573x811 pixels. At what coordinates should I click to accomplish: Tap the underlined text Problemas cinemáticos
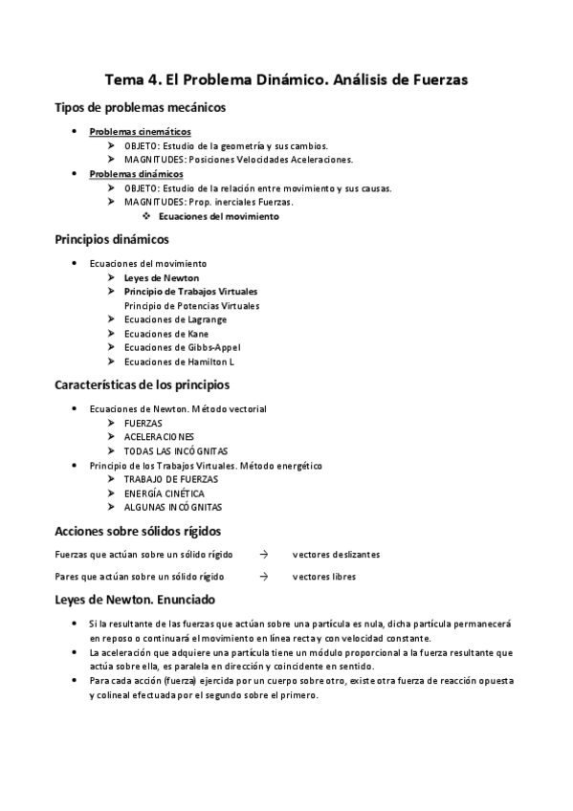click(x=140, y=131)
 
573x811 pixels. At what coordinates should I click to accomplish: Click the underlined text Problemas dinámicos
click(x=136, y=174)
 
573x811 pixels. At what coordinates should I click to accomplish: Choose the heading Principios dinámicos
click(x=112, y=239)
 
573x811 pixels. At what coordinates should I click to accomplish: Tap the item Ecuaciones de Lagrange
click(x=176, y=319)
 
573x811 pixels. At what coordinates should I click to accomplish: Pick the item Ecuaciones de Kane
click(x=165, y=334)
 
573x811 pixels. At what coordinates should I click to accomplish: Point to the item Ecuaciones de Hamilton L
click(x=179, y=362)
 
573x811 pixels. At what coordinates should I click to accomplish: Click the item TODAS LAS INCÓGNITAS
click(x=176, y=450)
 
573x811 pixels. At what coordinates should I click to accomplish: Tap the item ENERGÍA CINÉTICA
click(x=165, y=493)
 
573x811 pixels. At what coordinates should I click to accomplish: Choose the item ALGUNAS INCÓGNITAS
click(x=172, y=507)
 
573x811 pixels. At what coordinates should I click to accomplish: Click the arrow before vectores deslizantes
click(x=263, y=554)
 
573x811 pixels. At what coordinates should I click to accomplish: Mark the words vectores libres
click(x=324, y=577)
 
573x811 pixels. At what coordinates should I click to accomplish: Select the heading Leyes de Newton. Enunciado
click(x=135, y=600)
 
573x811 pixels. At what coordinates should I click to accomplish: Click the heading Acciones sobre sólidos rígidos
click(x=138, y=530)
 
